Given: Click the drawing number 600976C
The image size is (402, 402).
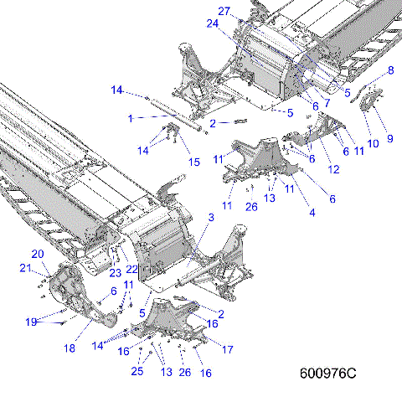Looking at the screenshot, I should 327,373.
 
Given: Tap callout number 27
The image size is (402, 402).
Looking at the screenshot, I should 224,10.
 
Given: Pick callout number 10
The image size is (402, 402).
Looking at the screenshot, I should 373,143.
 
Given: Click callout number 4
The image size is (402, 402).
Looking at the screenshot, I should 312,213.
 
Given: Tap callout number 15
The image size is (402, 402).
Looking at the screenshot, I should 193,161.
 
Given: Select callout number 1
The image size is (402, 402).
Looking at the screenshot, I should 130,118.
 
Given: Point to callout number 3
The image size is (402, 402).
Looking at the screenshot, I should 211,217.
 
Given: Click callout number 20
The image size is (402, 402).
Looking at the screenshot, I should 38,254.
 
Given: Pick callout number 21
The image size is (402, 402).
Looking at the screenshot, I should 25,268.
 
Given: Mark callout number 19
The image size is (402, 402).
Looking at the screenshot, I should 30,322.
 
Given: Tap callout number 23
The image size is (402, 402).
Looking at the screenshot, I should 113,273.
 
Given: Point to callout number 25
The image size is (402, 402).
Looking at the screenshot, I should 137,371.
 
